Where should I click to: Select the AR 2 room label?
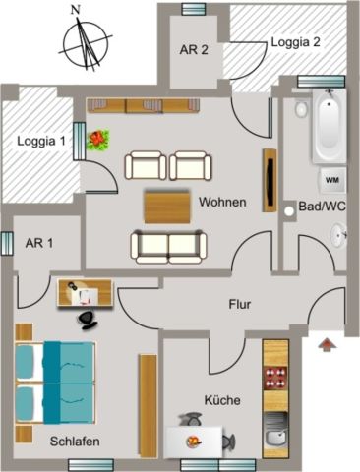pos(192,51)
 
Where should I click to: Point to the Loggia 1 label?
pos(39,141)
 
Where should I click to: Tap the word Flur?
pos(240,305)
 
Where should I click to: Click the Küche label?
pos(221,400)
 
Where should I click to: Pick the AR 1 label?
pos(38,243)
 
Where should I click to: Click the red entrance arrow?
pos(326,343)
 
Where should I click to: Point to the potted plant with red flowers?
pos(98,141)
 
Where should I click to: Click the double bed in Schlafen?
pos(56,377)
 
